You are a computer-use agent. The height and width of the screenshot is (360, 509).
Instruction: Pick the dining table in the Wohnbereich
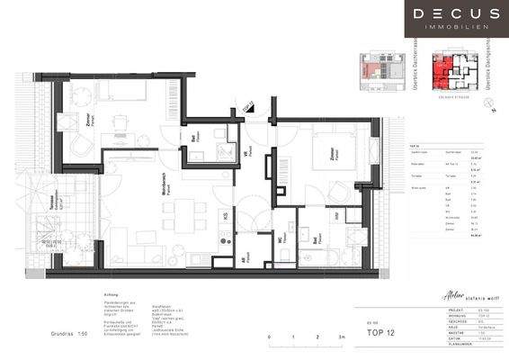(172, 217)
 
